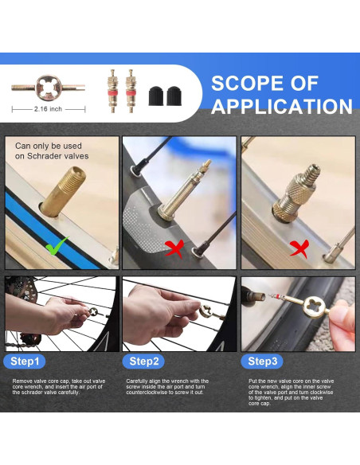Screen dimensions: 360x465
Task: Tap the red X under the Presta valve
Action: click(174, 248)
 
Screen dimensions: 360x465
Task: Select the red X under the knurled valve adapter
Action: click(299, 248)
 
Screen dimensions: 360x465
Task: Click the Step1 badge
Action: click(25, 361)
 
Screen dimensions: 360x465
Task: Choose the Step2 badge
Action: click(143, 361)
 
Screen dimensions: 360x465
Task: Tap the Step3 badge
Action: click(262, 361)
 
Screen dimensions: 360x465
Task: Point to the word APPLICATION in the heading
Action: click(282, 106)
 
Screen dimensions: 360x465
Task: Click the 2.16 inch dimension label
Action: click(48, 109)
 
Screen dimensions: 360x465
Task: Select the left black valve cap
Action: click(157, 96)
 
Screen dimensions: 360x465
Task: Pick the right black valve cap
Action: click(174, 96)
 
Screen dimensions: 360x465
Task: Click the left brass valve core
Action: click(112, 91)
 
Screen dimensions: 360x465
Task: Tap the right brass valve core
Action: click(130, 91)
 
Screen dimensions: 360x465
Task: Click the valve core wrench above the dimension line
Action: click(49, 88)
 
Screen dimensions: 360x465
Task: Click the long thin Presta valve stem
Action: click(185, 190)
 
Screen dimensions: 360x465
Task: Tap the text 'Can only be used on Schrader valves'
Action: click(52, 151)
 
